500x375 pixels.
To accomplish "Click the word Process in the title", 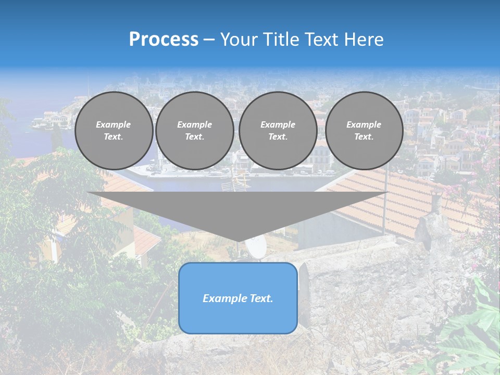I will pos(164,40).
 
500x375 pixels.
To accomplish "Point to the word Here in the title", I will pos(365,40).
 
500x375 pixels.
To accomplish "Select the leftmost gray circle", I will pos(114,131).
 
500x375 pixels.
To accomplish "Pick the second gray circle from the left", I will pos(195,131).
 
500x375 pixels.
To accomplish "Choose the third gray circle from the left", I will pos(278,131).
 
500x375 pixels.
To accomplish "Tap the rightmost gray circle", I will pos(364,131).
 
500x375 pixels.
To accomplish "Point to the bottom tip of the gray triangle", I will pos(238,241).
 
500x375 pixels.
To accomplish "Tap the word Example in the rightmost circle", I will pos(364,124).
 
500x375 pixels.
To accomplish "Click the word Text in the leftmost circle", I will pos(114,137).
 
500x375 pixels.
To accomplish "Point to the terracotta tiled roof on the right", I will pos(406,198).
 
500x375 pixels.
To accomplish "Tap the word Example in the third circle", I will pos(278,124).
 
